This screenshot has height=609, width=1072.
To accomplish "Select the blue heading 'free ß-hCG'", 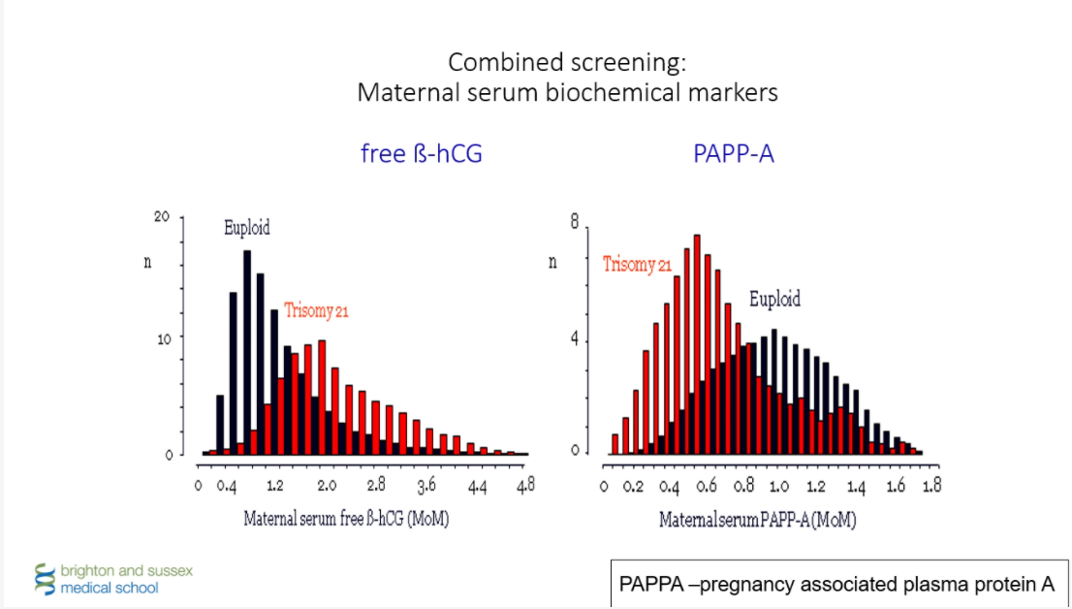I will (x=421, y=153).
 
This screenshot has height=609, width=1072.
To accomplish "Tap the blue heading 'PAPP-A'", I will (x=734, y=153).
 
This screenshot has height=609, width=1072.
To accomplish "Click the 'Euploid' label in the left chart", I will (x=247, y=229).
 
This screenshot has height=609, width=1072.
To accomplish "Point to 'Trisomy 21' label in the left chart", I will (x=316, y=311).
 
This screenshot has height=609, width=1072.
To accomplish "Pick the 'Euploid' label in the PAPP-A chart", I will (x=774, y=300).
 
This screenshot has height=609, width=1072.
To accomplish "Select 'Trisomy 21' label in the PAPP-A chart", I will (x=637, y=264).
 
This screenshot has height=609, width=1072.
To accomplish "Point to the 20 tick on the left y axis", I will (x=162, y=217).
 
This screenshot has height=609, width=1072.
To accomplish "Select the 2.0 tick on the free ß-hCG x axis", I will (x=327, y=485).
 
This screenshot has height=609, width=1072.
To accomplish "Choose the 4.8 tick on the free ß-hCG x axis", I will (x=525, y=485).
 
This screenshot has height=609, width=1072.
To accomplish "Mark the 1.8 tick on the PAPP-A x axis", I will (x=930, y=485).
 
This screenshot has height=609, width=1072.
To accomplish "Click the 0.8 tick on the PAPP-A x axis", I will (x=746, y=485).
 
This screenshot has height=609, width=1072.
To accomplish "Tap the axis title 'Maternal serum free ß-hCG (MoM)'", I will (x=346, y=519).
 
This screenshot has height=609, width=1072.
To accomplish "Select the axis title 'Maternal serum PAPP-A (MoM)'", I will (x=758, y=520).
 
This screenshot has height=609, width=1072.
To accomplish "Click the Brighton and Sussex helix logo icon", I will (x=44, y=578).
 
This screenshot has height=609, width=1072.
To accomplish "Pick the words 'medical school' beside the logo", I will (x=110, y=588).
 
